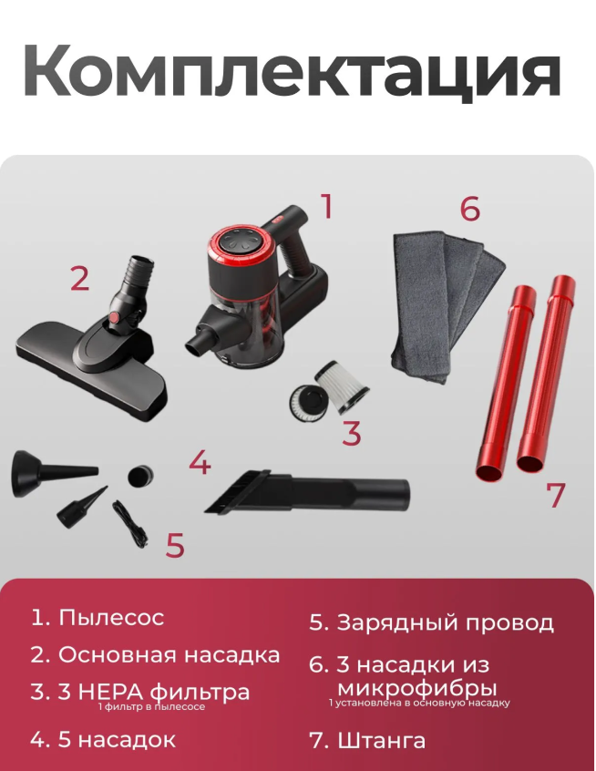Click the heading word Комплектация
292,72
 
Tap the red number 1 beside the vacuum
327,206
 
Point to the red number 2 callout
79,279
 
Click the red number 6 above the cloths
469,208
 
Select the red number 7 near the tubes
556,495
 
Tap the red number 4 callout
200,462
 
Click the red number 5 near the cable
175,545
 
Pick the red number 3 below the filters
351,433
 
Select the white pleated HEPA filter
340,387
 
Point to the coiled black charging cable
129,524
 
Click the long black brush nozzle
307,492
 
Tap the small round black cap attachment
140,476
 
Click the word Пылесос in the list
111,618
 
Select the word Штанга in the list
382,741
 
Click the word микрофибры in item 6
417,688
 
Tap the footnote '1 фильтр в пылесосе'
151,707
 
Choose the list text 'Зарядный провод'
446,623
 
